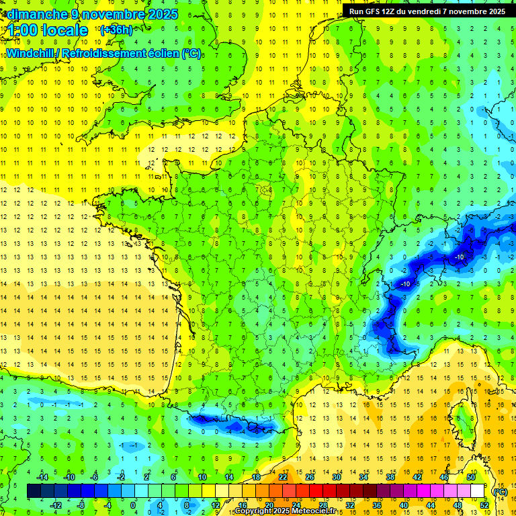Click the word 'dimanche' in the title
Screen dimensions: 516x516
(x=34, y=14)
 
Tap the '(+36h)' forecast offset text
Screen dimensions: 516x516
(x=116, y=30)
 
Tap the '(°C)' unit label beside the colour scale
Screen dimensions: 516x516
(x=499, y=491)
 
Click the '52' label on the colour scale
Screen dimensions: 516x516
(x=484, y=505)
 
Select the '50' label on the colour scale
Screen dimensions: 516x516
(x=470, y=477)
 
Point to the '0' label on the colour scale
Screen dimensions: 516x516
(x=133, y=505)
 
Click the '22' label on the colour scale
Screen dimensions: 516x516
(x=283, y=477)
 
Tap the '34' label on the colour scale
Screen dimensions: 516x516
(x=363, y=477)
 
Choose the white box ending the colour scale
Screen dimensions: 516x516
(x=478, y=491)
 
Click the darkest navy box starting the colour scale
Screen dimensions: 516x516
(x=34, y=491)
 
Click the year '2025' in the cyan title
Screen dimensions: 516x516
(x=161, y=14)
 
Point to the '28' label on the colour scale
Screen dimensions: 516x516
(x=322, y=505)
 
